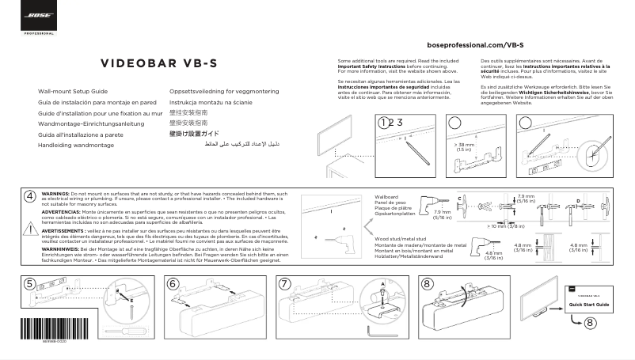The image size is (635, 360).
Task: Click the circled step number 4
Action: coord(29,195)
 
